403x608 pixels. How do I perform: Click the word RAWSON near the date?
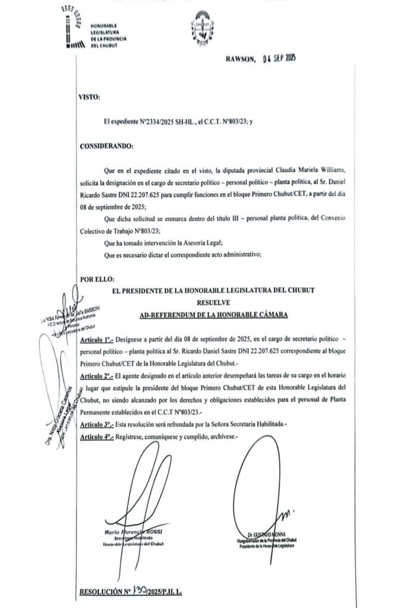(240, 58)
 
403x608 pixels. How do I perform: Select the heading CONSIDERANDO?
(106, 145)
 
